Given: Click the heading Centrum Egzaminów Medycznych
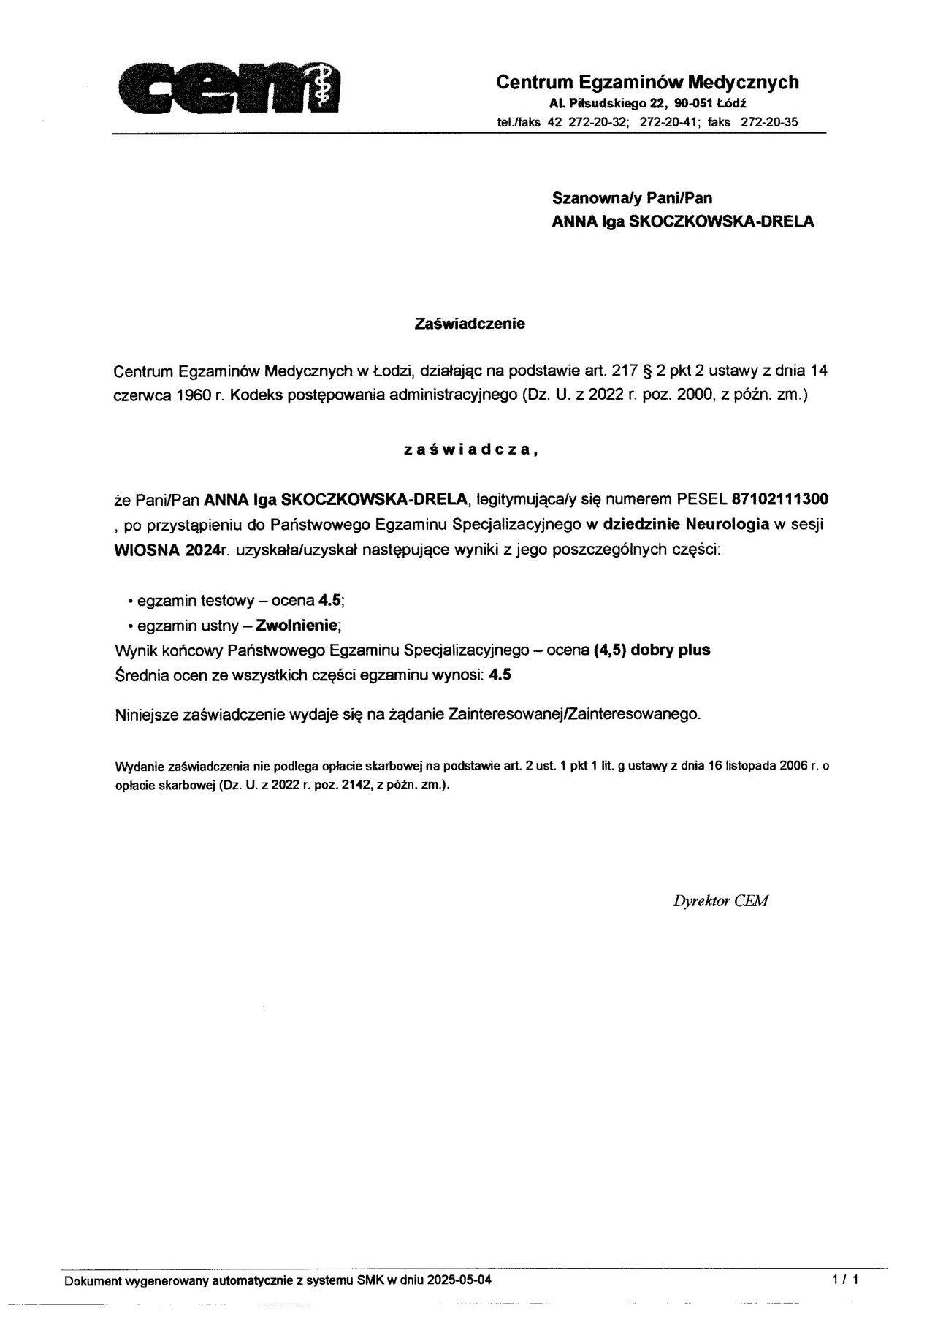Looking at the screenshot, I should pos(647,82).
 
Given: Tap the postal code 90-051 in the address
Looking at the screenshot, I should pos(694,104).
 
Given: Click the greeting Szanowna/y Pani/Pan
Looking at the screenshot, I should pos(632,197).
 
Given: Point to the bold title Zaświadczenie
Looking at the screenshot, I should pos(470,324).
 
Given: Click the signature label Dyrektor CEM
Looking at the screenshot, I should pos(720,901).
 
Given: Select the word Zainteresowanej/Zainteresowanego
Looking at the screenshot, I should pos(573,714).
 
